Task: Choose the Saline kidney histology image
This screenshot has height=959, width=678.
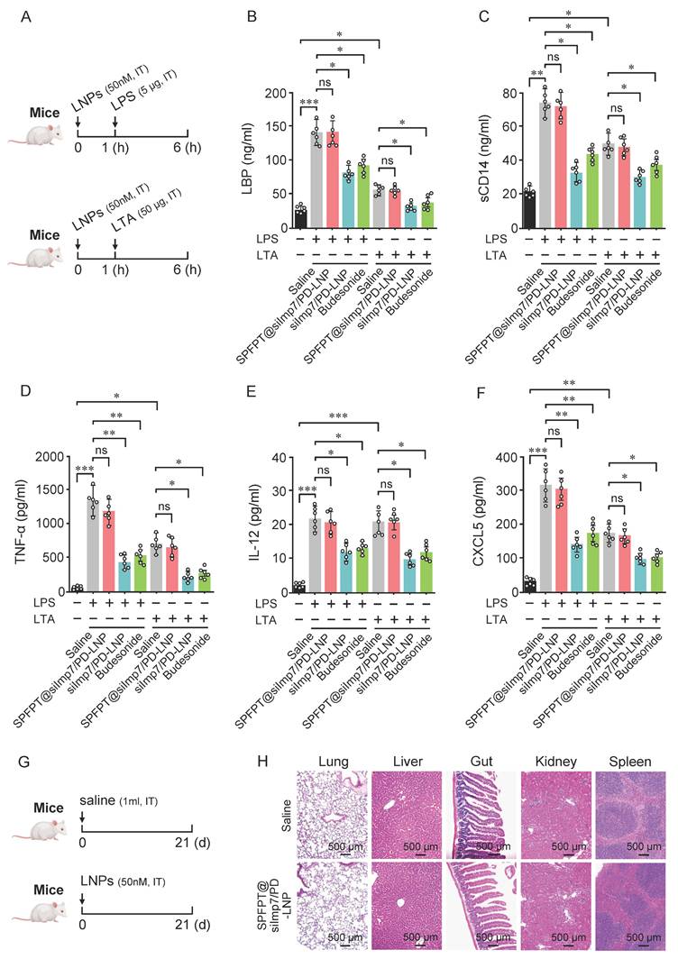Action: (x=553, y=814)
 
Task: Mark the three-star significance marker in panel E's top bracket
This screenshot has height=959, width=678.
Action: (x=339, y=416)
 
